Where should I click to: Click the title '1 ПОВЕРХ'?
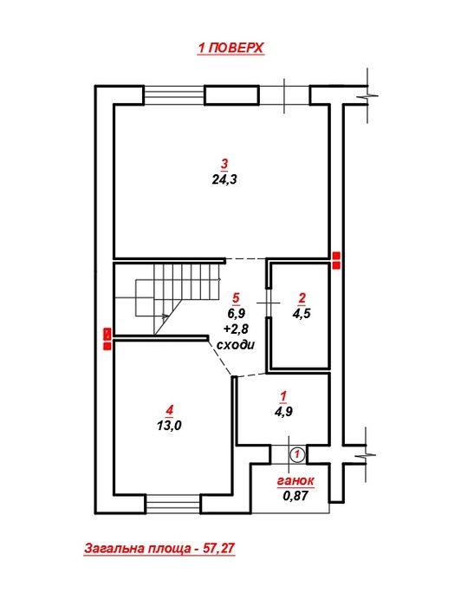tap(231, 48)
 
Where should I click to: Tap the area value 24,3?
tap(224, 179)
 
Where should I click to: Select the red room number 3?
tap(224, 164)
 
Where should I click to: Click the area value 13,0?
tap(169, 425)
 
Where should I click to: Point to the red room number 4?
tap(170, 410)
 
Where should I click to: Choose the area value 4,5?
tap(302, 313)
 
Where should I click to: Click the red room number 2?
tap(302, 297)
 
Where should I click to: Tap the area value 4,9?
tap(283, 411)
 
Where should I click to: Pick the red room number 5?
tap(236, 297)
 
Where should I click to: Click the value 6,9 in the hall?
tap(236, 313)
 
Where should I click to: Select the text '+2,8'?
tap(236, 329)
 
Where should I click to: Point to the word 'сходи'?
tap(236, 344)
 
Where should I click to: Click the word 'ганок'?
tap(295, 480)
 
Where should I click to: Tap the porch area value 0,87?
tap(295, 496)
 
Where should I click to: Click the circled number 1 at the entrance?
tap(297, 454)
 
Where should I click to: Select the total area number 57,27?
tap(218, 548)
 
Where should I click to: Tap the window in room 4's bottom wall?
tap(173, 504)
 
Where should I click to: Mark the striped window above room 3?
tap(174, 95)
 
